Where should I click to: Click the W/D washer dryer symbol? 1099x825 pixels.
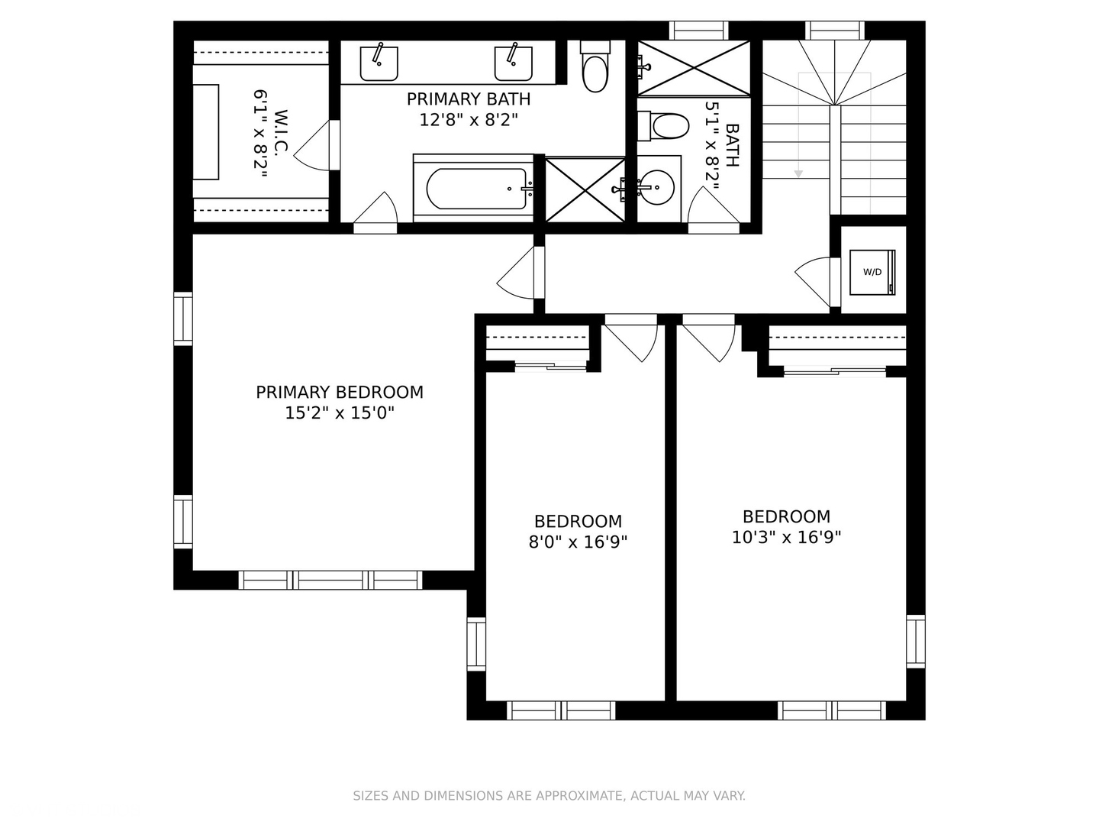[872, 272]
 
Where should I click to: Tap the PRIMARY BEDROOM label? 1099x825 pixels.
[339, 393]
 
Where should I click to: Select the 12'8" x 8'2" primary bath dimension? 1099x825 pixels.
[469, 120]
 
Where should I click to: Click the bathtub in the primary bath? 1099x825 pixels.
[476, 189]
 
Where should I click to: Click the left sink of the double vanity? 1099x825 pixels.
[379, 63]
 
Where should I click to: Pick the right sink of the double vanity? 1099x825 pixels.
[513, 63]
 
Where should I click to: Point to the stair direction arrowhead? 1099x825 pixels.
[798, 174]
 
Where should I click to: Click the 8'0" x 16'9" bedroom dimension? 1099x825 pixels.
[578, 542]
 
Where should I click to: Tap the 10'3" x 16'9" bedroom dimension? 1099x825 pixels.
[786, 538]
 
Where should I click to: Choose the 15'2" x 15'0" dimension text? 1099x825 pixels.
[339, 413]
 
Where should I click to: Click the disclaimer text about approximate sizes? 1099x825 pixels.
[549, 796]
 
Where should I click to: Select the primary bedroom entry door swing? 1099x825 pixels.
[519, 275]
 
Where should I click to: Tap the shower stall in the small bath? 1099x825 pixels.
[694, 69]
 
